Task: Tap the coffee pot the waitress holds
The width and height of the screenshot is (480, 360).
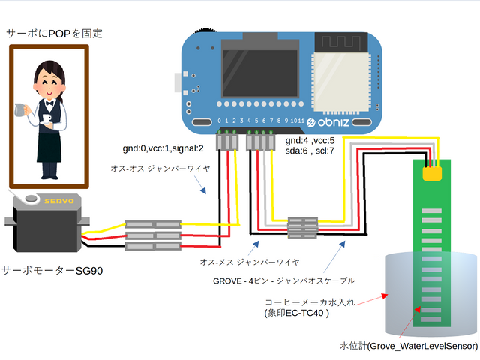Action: [23, 111]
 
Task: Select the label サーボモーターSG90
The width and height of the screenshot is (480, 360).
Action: [52, 270]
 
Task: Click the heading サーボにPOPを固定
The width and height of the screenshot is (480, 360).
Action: [54, 33]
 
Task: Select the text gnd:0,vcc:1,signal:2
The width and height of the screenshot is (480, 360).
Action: [163, 148]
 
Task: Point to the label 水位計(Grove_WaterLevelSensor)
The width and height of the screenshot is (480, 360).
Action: [408, 346]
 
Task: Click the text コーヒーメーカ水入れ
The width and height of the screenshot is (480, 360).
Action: [314, 303]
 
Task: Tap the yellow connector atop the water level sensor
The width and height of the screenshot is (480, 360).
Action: [431, 172]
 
